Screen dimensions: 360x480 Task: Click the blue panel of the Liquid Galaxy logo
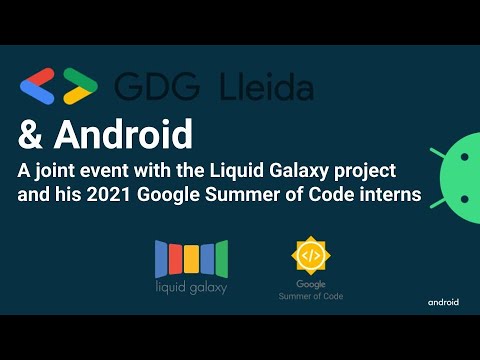(162, 258)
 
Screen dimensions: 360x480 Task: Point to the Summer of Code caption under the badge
(310, 296)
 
